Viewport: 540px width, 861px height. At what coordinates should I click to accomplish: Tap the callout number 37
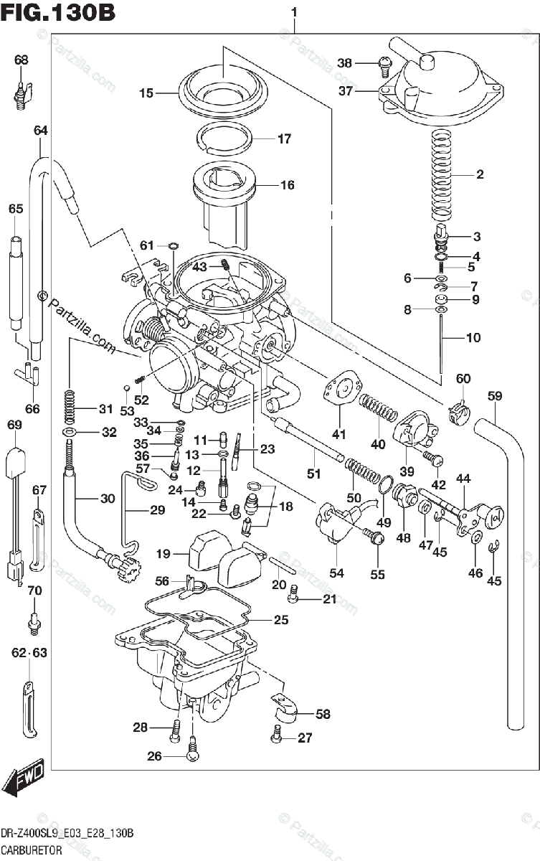pos(346,91)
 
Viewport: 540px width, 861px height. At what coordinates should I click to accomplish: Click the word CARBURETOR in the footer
pos(32,850)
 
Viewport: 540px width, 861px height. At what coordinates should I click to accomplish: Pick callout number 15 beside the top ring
pos(146,93)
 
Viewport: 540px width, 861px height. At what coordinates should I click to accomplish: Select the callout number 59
pos(494,395)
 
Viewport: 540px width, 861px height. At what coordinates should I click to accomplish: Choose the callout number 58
pos(323,714)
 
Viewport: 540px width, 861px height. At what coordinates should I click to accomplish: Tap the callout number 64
pos(40,131)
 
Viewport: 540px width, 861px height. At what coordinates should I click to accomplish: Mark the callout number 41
pos(338,434)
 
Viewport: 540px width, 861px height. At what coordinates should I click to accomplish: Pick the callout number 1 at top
pos(295,12)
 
